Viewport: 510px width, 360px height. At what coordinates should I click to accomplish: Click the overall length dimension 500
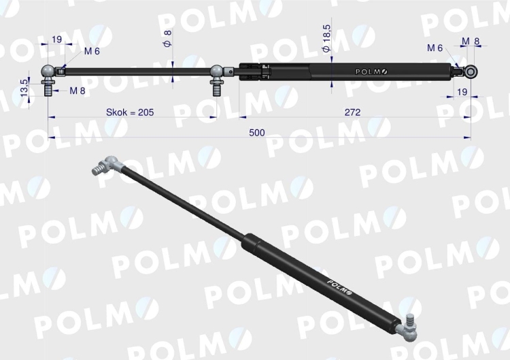257,133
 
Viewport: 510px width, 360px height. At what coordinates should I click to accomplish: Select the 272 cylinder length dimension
352,112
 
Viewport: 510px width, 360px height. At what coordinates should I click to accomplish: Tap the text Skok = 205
130,112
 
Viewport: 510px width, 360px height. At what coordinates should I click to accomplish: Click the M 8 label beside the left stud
78,91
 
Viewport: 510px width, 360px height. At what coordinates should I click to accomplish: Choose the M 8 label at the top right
471,42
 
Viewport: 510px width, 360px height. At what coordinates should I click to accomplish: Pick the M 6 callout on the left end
92,51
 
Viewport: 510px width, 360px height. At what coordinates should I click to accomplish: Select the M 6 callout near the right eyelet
435,48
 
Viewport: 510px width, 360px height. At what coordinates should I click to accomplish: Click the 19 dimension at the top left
56,39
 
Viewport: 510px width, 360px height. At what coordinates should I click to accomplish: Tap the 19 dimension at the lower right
462,92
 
